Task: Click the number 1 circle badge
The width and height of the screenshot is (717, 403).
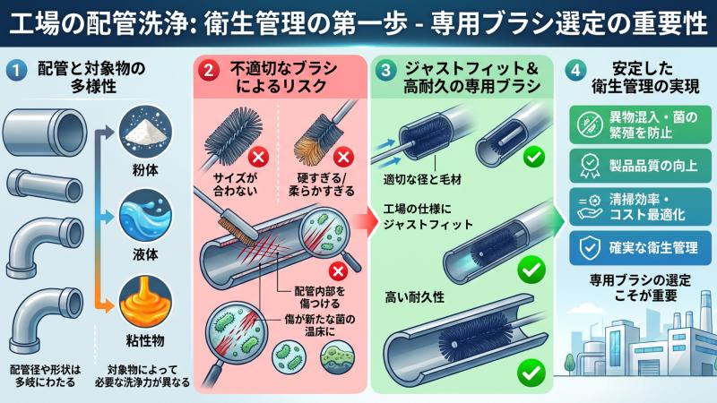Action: pyautogui.click(x=16, y=70)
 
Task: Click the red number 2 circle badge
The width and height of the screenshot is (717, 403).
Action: pyautogui.click(x=209, y=70)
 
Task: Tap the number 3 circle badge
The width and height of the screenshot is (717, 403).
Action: pyautogui.click(x=386, y=70)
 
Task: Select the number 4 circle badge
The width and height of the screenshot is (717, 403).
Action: pyautogui.click(x=575, y=70)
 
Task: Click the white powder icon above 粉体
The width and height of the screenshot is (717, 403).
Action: pyautogui.click(x=145, y=132)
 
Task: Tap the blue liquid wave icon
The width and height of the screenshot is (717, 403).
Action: pyautogui.click(x=145, y=216)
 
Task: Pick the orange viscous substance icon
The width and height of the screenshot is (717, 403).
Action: pyautogui.click(x=145, y=302)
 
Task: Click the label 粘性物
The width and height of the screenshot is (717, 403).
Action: pyautogui.click(x=145, y=340)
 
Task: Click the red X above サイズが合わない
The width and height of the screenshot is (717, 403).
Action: pyautogui.click(x=258, y=158)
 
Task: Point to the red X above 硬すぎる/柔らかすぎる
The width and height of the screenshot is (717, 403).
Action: pyautogui.click(x=343, y=158)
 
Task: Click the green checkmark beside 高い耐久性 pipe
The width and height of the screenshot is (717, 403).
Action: pyautogui.click(x=531, y=373)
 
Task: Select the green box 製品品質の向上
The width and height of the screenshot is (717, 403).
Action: pyautogui.click(x=640, y=166)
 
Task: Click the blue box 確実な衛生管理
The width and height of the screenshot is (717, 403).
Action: pyautogui.click(x=640, y=248)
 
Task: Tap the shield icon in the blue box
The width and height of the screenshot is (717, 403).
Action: pyautogui.click(x=590, y=249)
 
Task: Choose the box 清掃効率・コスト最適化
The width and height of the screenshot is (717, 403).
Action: pyautogui.click(x=640, y=207)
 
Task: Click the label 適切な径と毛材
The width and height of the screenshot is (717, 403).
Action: pyautogui.click(x=422, y=180)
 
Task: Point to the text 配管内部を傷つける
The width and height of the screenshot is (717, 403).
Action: pyautogui.click(x=320, y=297)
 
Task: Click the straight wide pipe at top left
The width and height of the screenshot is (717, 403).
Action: pyautogui.click(x=44, y=133)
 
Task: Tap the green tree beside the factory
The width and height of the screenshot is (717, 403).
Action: pyautogui.click(x=570, y=364)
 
